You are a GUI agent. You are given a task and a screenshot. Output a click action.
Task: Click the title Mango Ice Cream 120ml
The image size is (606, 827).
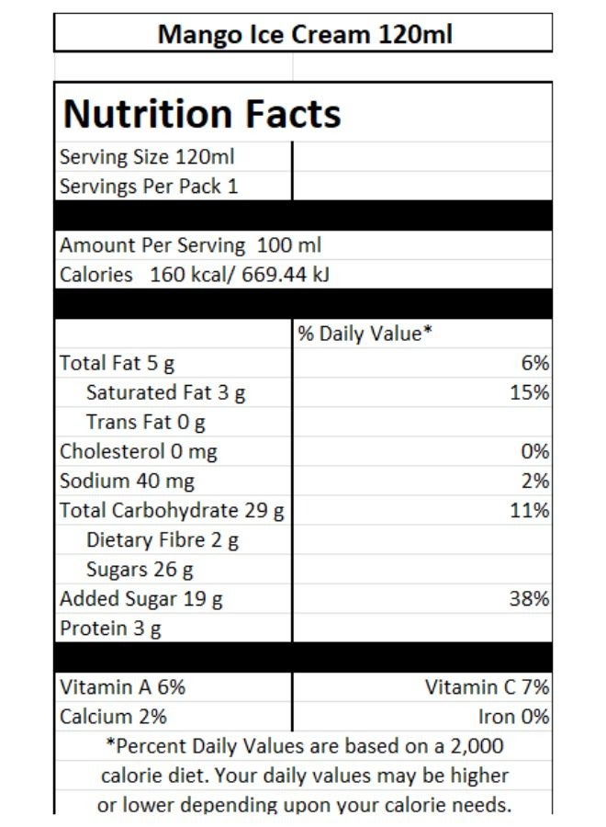tap(304, 35)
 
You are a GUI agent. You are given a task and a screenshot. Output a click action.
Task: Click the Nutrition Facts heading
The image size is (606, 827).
tap(202, 114)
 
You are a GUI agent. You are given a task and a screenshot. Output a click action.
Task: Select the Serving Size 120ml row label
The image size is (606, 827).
tap(147, 157)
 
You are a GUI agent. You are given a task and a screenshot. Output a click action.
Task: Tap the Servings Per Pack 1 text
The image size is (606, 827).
tap(149, 187)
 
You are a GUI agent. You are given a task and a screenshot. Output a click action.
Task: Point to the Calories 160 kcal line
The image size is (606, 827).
tap(194, 275)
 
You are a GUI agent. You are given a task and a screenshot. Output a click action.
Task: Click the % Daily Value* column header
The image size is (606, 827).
tap(364, 334)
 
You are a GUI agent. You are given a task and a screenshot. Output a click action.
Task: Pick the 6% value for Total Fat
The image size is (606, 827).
tap(535, 363)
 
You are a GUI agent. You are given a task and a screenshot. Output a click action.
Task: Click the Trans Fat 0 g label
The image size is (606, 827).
tap(145, 422)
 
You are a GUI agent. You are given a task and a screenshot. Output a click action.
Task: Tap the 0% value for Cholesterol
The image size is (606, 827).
tap(535, 451)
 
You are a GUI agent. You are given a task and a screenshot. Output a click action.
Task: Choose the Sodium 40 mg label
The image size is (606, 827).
tap(127, 481)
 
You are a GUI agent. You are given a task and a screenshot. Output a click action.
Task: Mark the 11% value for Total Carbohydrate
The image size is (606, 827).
tap(530, 510)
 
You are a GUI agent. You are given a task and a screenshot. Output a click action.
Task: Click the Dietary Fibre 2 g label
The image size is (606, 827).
tap(162, 539)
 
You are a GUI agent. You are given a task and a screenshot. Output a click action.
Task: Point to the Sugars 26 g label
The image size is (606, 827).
tap(140, 569)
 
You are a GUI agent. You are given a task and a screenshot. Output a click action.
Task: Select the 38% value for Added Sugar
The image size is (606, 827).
tap(530, 599)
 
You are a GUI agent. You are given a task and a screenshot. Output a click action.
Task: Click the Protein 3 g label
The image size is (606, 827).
tap(110, 629)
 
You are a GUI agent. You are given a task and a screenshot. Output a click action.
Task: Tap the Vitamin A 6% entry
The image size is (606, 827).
tap(122, 686)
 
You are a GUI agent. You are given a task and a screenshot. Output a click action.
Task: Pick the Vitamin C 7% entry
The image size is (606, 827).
tap(487, 686)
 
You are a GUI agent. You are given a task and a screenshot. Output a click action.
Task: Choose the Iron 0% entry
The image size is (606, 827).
tap(513, 716)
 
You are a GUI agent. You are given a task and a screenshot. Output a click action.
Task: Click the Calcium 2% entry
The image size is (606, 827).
tap(113, 716)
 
